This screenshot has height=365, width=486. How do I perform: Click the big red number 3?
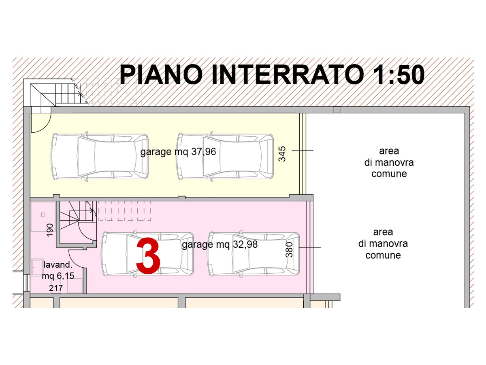click(148, 256)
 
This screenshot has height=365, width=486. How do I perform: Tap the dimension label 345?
click(282, 154)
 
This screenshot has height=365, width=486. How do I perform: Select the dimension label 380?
click(289, 250)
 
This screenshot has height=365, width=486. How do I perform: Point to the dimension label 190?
click(50, 230)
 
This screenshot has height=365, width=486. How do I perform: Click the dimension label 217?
click(56, 288)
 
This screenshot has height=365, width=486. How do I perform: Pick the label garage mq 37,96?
click(178, 152)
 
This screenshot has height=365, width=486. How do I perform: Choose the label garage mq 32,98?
click(220, 245)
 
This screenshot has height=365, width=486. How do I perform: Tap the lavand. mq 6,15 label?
click(58, 270)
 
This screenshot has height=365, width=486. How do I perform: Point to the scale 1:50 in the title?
click(399, 75)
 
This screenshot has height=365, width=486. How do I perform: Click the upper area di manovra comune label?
click(389, 163)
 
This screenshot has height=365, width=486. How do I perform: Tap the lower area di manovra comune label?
click(383, 244)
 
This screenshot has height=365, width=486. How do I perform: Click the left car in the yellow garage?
click(100, 157)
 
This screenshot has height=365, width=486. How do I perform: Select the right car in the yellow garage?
click(225, 157)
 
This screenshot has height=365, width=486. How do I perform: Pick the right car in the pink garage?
click(254, 254)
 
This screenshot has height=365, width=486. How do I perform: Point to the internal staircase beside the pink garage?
click(78, 215)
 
